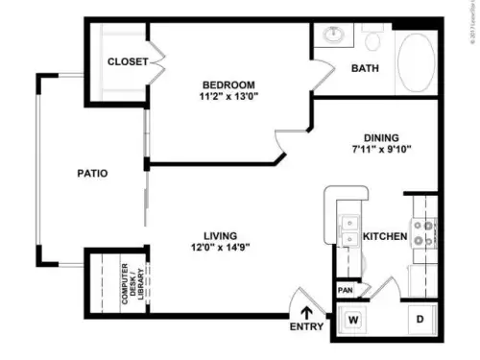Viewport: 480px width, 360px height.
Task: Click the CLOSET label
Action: pos(128,61)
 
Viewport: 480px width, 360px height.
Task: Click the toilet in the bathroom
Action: pos(373,39)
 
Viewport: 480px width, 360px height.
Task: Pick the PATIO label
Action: pos(92,174)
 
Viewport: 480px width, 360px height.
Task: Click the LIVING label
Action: pos(220,232)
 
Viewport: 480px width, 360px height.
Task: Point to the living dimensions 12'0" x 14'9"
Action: pos(220,247)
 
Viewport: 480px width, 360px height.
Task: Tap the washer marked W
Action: pos(353,320)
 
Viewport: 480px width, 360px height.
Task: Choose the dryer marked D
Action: pos(420,320)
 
